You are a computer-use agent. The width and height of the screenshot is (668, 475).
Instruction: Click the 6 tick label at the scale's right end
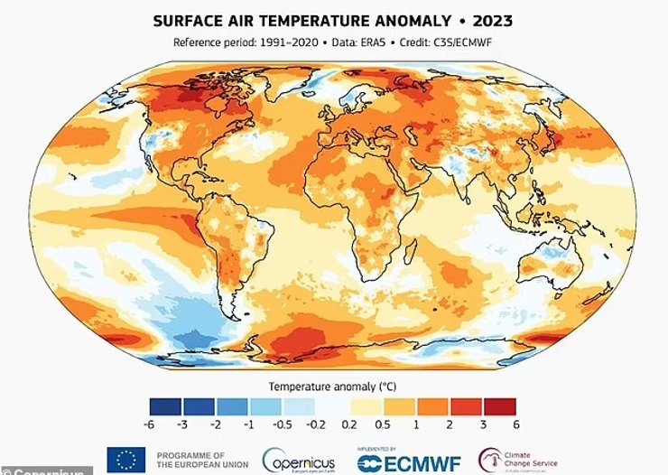click(x=515, y=423)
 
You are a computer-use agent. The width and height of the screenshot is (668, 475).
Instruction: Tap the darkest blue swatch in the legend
click(x=167, y=405)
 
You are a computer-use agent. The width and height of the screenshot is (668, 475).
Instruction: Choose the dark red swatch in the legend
click(x=499, y=405)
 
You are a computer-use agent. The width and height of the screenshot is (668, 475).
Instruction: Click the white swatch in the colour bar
click(x=333, y=405)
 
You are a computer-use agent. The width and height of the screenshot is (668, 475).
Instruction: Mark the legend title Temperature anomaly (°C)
click(x=333, y=386)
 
